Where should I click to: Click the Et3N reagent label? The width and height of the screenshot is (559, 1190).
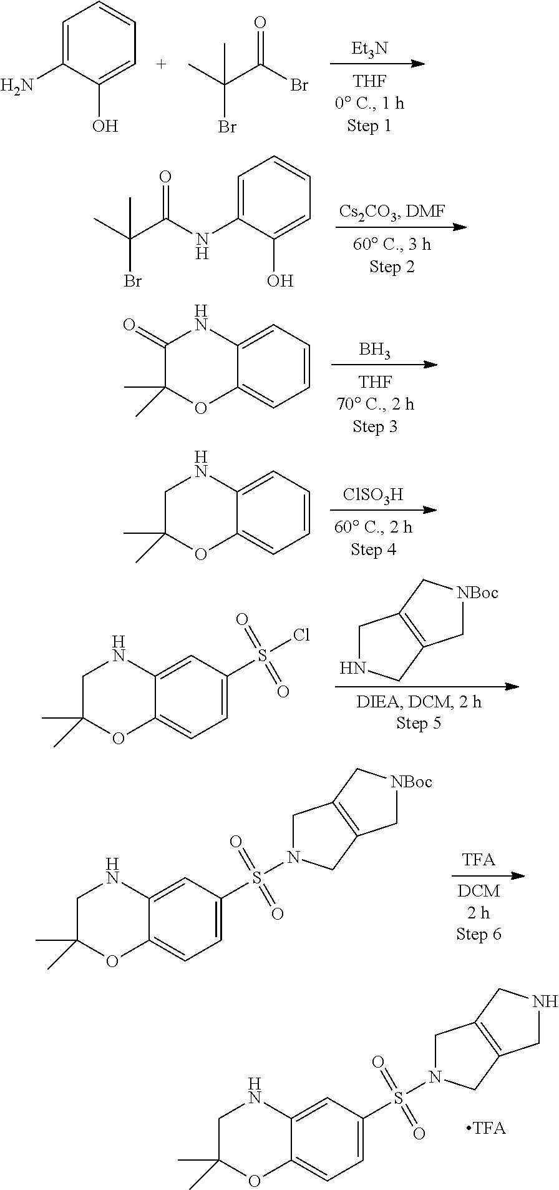point(369,49)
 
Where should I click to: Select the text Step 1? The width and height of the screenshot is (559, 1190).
point(369,126)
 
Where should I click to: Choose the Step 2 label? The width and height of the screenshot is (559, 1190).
point(392,267)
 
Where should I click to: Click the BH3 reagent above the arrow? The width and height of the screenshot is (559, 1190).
point(375,350)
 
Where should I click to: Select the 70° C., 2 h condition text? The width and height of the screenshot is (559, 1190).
point(375,404)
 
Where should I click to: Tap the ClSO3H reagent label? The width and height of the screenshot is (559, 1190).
point(373,495)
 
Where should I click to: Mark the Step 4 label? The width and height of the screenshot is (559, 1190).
point(373,549)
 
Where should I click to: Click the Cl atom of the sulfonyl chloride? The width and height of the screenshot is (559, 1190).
point(301,636)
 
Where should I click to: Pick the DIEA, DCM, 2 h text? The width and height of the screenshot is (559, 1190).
point(419,702)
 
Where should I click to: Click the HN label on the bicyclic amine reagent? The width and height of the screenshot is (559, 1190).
point(351,669)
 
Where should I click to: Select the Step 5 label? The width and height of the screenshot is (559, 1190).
point(419,723)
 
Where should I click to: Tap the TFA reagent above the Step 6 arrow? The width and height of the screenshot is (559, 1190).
point(479,860)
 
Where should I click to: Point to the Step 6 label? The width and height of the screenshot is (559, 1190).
point(479,933)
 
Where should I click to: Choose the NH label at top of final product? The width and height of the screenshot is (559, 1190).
point(546,1001)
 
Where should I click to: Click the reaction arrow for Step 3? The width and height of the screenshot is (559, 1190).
point(384,365)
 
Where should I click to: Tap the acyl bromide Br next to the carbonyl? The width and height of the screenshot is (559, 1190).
point(299,86)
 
